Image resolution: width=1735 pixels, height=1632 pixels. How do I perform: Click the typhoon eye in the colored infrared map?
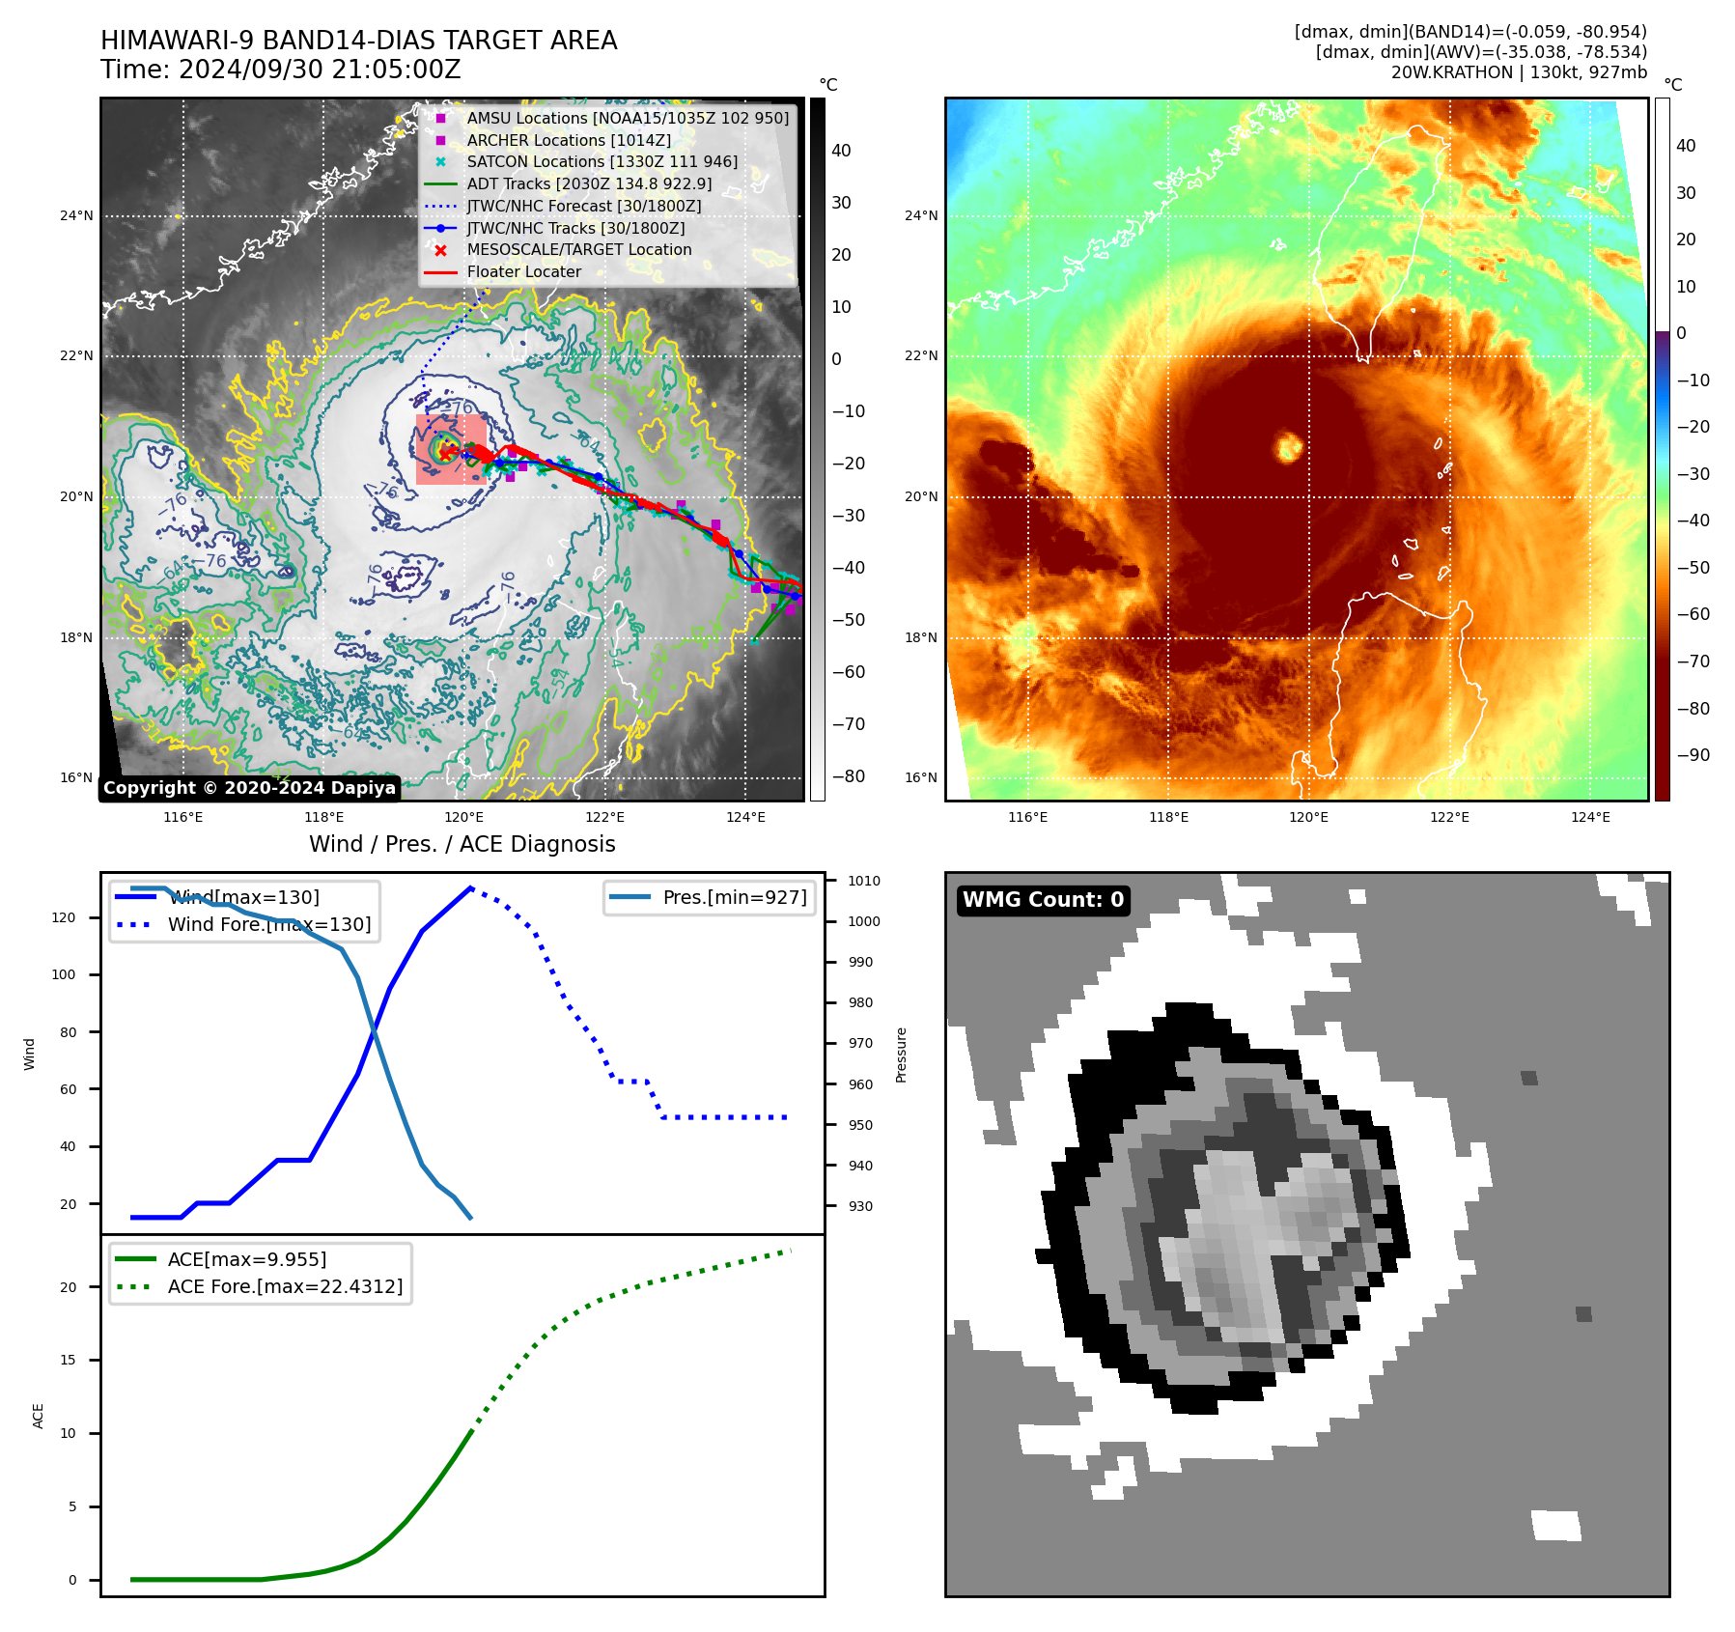[1289, 447]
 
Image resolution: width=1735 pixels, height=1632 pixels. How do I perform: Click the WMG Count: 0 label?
[1043, 900]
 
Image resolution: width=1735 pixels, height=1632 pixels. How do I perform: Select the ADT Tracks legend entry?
[589, 183]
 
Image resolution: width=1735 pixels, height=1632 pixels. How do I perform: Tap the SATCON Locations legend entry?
[602, 161]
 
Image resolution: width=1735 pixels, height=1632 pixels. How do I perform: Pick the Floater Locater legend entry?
[523, 272]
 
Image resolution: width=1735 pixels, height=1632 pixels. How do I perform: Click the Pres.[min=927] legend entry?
[734, 897]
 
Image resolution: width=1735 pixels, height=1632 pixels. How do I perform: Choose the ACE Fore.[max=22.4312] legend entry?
[285, 1286]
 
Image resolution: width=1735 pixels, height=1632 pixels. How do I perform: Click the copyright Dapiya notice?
[249, 788]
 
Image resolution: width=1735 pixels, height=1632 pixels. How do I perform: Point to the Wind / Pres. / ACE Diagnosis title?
[462, 844]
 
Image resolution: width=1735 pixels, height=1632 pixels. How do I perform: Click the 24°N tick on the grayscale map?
[76, 215]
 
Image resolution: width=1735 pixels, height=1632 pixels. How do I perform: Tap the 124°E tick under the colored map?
[1590, 817]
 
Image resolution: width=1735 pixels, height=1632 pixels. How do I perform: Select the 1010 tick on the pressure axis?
[864, 881]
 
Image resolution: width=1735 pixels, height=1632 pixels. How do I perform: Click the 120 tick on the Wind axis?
[64, 917]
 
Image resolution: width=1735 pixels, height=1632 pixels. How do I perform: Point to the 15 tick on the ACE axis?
[68, 1360]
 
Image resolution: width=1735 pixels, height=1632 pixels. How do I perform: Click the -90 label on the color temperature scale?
[1693, 755]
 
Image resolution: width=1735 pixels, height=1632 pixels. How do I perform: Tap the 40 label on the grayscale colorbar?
[841, 151]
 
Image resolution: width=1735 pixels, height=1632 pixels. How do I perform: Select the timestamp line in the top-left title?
[281, 70]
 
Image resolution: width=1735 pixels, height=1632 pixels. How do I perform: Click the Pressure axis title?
[901, 1055]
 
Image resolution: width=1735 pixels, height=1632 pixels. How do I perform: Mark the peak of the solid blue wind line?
[470, 887]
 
